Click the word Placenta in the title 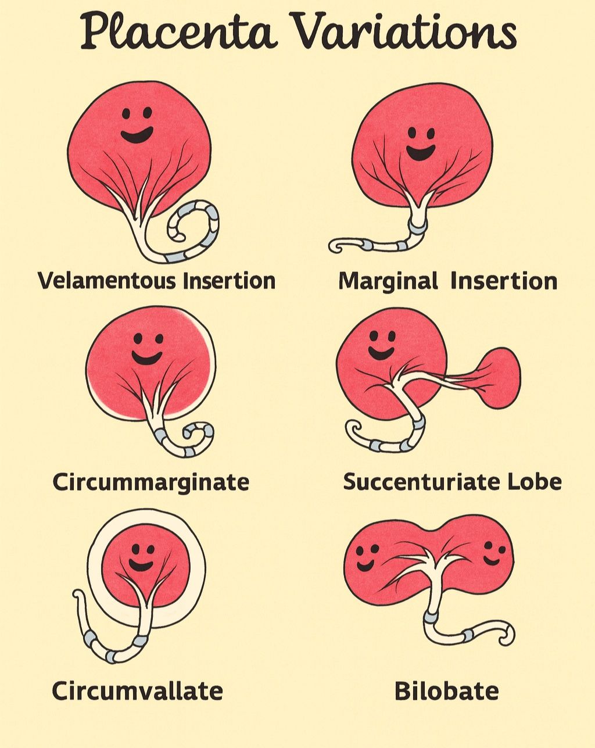tap(180, 32)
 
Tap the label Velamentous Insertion tap(157, 281)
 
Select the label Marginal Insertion tap(448, 281)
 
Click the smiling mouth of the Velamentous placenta tap(137, 135)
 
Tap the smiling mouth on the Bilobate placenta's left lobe tap(365, 564)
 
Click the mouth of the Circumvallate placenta tap(141, 565)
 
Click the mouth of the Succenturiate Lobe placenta tap(380, 353)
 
